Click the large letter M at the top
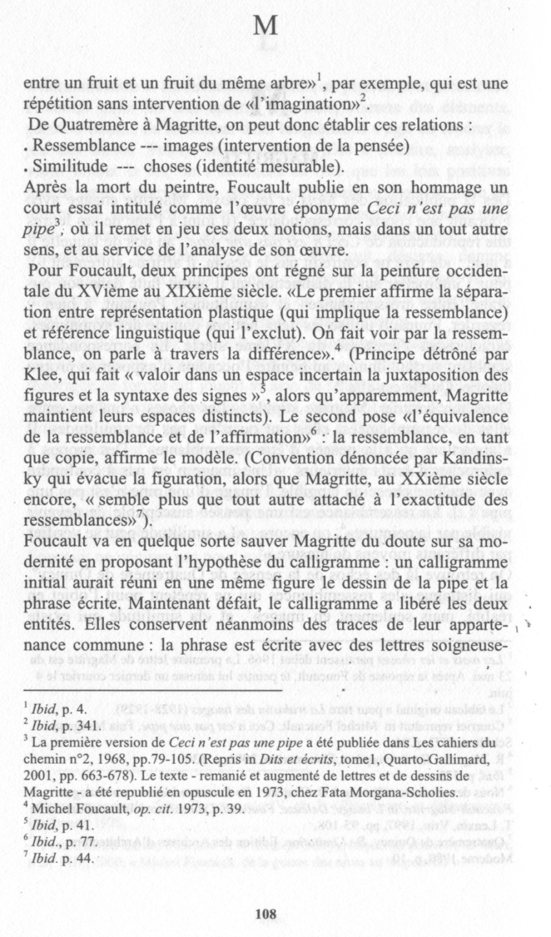[x=266, y=27]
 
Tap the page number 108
[x=266, y=896]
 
